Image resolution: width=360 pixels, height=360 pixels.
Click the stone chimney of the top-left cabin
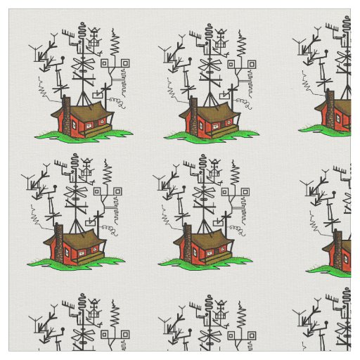65,114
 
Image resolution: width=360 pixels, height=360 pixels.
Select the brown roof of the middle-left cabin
74,240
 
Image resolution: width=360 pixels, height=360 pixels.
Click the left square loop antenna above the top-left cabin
105,63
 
